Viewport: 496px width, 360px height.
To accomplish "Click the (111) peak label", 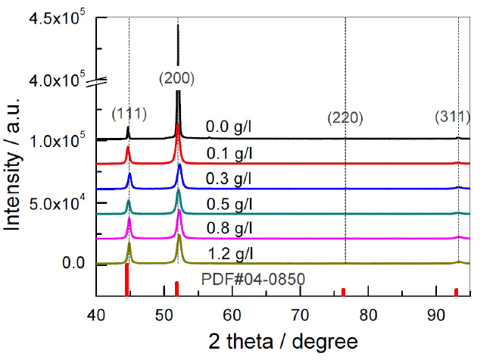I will click(x=129, y=114).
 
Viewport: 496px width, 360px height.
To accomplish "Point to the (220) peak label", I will click(x=345, y=117).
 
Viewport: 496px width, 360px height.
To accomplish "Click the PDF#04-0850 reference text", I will click(x=253, y=280).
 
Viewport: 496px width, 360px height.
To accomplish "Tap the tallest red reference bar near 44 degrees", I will click(x=126, y=280).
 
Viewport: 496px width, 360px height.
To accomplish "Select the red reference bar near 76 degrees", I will click(x=343, y=291).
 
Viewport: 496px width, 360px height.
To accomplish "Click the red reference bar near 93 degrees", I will click(x=456, y=292).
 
